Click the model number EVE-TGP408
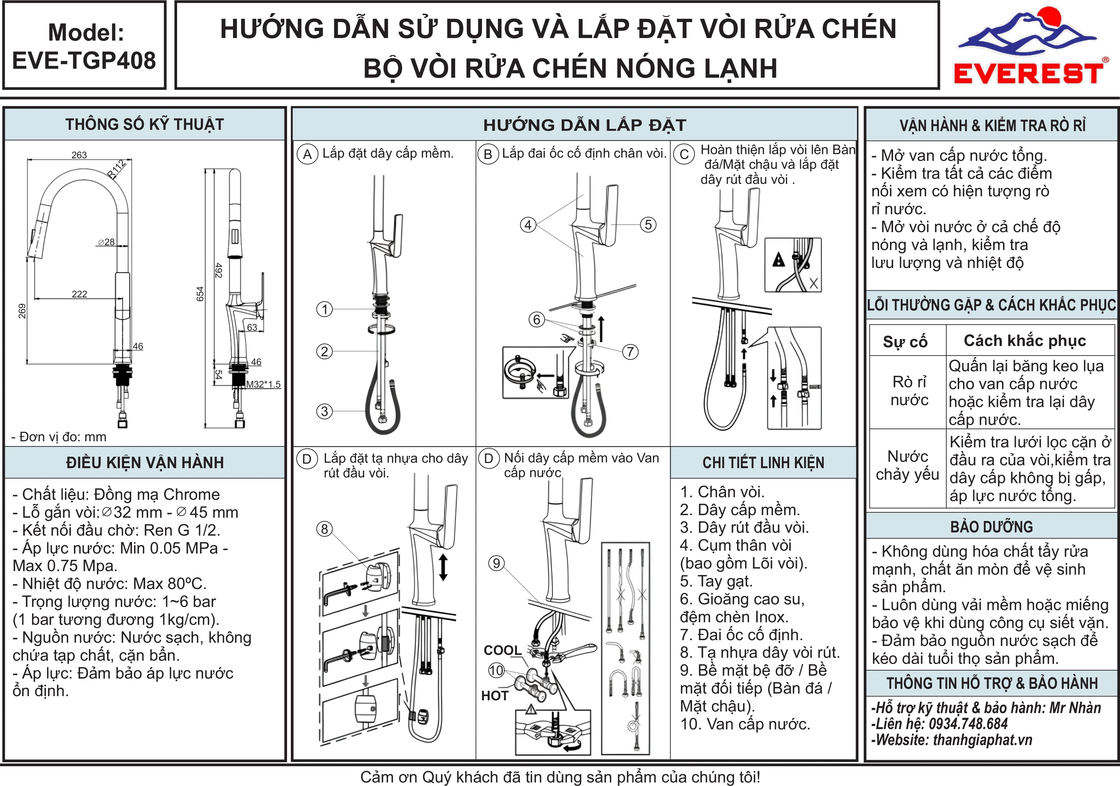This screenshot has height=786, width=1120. pos(84,60)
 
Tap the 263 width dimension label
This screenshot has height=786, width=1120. pos(79,155)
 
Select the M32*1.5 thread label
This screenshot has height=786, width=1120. pos(263,384)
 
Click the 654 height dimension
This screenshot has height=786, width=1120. pos(200,294)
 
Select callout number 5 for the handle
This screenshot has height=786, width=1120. pos(648,224)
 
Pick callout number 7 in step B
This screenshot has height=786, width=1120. pos(630,351)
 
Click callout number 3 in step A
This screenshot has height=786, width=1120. pos(324,411)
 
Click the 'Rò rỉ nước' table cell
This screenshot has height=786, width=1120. pos(909,390)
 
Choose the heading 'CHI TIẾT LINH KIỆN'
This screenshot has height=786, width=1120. pos(763,462)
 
